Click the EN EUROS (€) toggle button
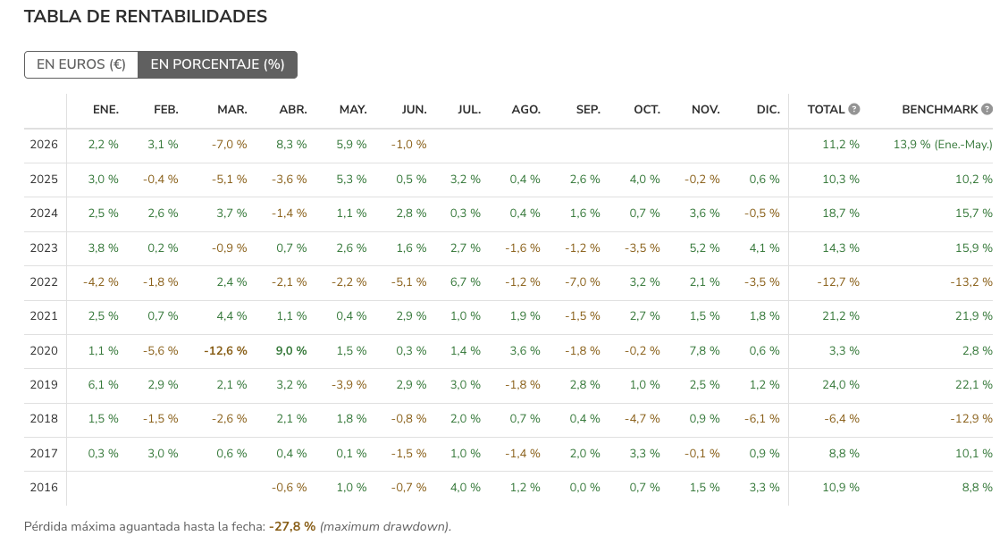pos(81,65)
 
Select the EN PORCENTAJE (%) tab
pos(218,65)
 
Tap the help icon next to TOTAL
pos(853,109)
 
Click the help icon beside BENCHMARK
pos(987,109)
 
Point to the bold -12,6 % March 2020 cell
pos(226,351)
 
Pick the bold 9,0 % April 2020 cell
pos(291,351)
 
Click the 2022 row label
pos(44,282)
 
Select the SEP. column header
pos(588,110)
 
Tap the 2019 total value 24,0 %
pos(841,385)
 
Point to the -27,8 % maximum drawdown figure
pos(292,526)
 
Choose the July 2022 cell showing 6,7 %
pos(466,282)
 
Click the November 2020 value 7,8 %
pos(704,351)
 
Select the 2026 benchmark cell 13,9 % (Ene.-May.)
pos(943,145)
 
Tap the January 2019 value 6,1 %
pos(104,385)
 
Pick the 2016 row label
pos(44,488)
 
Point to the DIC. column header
pos(769,110)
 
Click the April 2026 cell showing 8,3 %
pos(292,145)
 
